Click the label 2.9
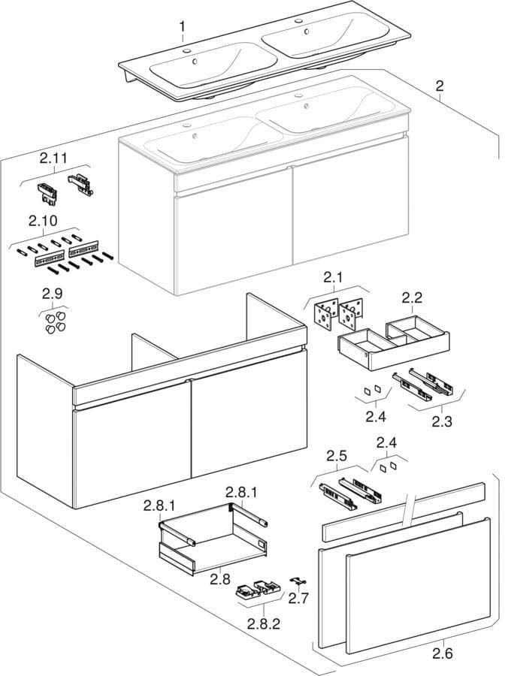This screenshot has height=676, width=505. point(53,295)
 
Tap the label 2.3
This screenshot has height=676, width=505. point(442,421)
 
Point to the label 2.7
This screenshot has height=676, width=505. point(299,599)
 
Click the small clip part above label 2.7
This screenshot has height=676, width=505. point(299,581)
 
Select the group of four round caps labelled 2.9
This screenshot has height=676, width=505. point(53,323)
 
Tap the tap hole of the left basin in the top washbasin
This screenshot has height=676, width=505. point(187,51)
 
